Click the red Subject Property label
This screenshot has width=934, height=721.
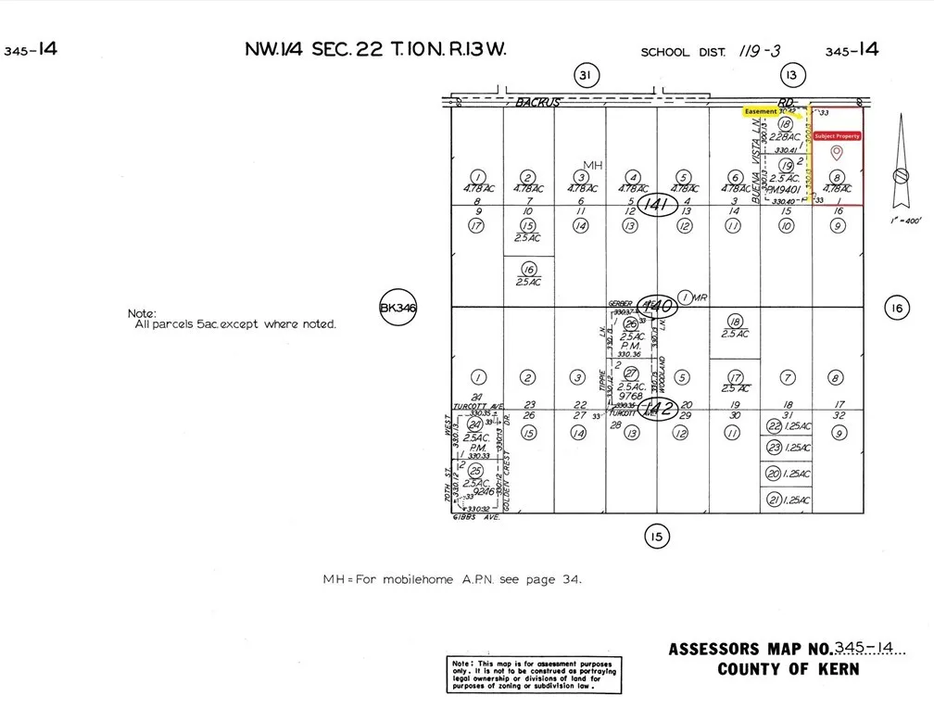pyautogui.click(x=837, y=136)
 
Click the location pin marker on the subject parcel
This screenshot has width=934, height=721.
pyautogui.click(x=837, y=153)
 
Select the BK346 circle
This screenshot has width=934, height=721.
pyautogui.click(x=396, y=309)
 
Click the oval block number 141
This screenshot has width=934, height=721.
pyautogui.click(x=656, y=204)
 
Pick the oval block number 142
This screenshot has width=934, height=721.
pyautogui.click(x=656, y=408)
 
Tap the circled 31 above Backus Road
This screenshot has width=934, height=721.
pyautogui.click(x=584, y=76)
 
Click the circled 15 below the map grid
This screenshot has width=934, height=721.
pyautogui.click(x=656, y=535)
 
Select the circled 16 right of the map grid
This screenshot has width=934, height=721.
pyautogui.click(x=896, y=309)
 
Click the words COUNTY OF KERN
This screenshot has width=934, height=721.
pyautogui.click(x=788, y=669)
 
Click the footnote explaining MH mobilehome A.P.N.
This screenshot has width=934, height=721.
pyautogui.click(x=452, y=579)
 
